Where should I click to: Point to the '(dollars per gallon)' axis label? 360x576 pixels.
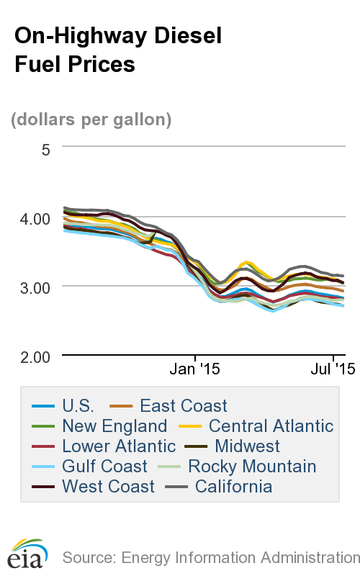pos(91,120)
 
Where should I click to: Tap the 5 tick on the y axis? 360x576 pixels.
pos(45,150)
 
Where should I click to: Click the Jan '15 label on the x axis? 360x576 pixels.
pos(194,370)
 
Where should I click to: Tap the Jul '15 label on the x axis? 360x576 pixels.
pos(332,370)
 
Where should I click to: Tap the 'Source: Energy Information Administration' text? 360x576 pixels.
pos(211,557)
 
